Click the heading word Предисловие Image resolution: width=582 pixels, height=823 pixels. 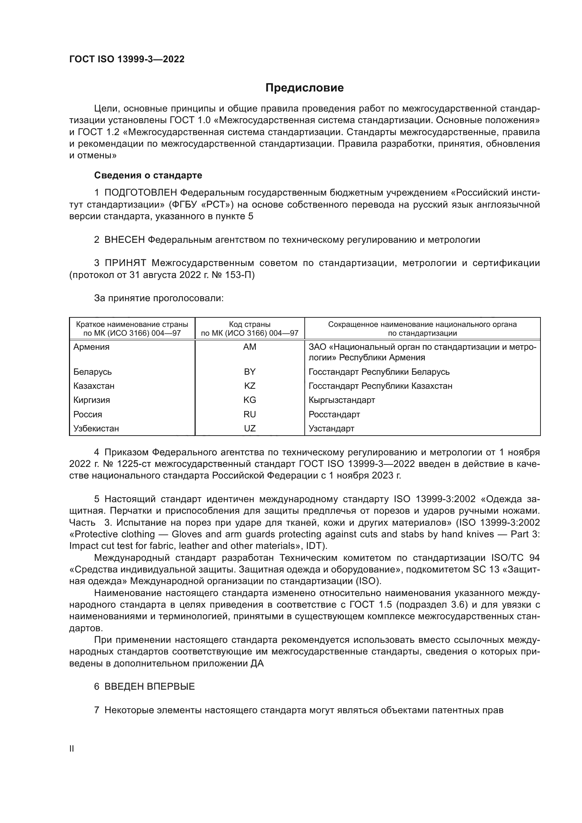click(304, 88)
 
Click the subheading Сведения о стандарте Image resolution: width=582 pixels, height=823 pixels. click(148, 175)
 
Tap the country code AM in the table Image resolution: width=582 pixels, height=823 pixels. click(249, 347)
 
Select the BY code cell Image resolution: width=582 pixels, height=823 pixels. click(249, 372)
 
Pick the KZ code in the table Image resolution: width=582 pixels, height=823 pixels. click(249, 386)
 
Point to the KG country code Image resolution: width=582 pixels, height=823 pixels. click(249, 400)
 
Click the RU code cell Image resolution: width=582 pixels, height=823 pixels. click(249, 414)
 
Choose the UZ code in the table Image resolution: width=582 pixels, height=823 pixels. click(249, 428)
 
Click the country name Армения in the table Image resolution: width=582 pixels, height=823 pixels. click(91, 347)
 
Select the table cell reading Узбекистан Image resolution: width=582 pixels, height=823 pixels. click(96, 428)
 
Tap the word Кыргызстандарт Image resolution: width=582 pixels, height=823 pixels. click(342, 400)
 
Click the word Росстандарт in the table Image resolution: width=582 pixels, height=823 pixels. click(334, 414)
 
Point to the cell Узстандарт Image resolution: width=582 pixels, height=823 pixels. click(331, 428)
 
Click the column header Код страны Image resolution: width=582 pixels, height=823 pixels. click(249, 324)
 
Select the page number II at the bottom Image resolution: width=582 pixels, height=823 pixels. click(72, 749)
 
